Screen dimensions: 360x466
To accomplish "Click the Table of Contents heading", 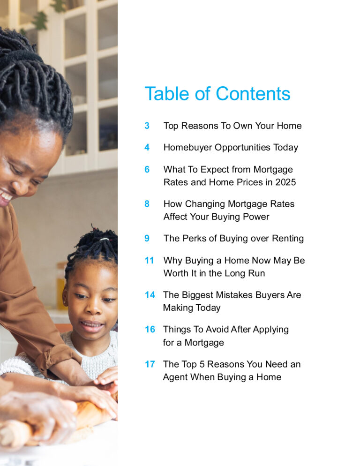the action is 217,94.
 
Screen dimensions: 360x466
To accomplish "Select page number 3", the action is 147,126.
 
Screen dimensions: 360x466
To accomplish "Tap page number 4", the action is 147,147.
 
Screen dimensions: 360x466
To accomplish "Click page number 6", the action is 147,169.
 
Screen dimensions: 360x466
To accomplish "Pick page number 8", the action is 147,204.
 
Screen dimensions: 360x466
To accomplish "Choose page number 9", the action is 147,238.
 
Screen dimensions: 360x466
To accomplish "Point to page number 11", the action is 149,260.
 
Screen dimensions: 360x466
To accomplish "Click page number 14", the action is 150,295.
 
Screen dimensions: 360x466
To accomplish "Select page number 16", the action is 150,329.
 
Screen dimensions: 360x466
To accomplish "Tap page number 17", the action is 150,364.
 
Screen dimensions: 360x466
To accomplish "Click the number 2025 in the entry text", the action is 285,182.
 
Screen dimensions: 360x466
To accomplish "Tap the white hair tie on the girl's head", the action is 104,239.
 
